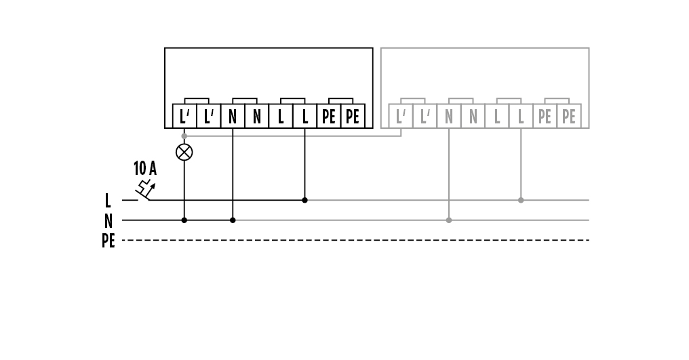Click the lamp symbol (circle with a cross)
click(x=184, y=152)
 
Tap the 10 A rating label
click(x=145, y=168)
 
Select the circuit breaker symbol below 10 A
click(x=145, y=189)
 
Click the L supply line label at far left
click(x=108, y=201)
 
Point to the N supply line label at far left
click(x=108, y=220)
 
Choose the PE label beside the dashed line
click(x=108, y=241)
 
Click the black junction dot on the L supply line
click(x=304, y=200)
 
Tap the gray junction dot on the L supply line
click(x=521, y=200)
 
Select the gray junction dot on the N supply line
click(x=449, y=220)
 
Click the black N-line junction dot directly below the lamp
click(x=184, y=220)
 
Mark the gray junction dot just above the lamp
click(x=184, y=136)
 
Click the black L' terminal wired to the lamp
click(x=184, y=116)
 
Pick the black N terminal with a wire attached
click(x=233, y=116)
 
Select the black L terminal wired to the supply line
click(x=304, y=116)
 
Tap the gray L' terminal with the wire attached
click(x=401, y=116)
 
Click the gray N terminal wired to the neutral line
click(x=449, y=116)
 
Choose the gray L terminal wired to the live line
click(x=521, y=116)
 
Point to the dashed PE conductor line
click(x=355, y=240)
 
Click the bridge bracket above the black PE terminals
click(x=341, y=98)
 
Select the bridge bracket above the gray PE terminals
click(x=557, y=98)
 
